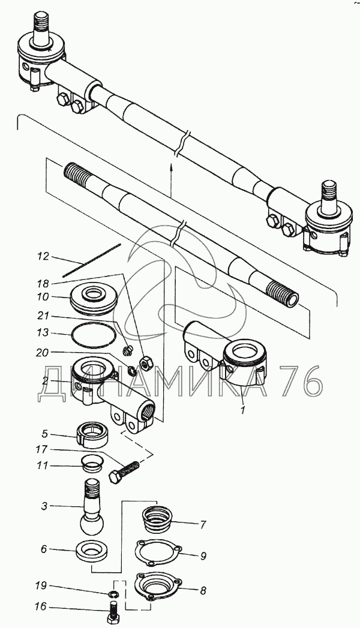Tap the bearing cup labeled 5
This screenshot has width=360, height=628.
pyautogui.click(x=93, y=433)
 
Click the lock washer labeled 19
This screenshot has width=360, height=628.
pyautogui.click(x=113, y=594)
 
